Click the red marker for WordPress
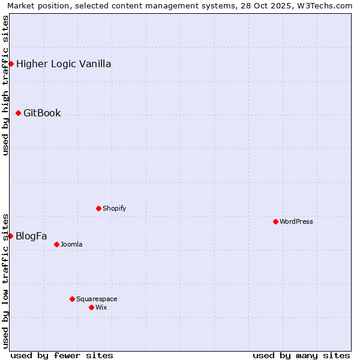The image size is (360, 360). [x=275, y=221]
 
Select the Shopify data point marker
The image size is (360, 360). [x=98, y=208]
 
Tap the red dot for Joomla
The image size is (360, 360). [x=56, y=244]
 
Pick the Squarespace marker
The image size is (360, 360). [x=72, y=299]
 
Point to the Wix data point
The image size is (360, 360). [x=91, y=307]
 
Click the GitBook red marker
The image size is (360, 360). [x=18, y=113]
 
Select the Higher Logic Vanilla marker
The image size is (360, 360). [x=11, y=64]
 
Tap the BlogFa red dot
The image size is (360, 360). [x=10, y=236]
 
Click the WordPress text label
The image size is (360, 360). [x=296, y=221]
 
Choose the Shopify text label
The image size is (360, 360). [x=115, y=208]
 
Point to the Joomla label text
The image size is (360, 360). [x=71, y=244]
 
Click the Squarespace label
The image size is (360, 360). [x=97, y=299]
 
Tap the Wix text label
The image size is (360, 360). [x=101, y=307]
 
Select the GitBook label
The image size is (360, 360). [x=42, y=113]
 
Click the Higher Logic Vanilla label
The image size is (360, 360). [x=64, y=64]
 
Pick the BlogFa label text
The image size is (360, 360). [x=31, y=236]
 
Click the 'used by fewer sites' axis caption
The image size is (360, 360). [x=62, y=355]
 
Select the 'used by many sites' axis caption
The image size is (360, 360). [x=301, y=355]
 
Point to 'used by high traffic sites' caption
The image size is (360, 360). [x=5, y=86]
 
